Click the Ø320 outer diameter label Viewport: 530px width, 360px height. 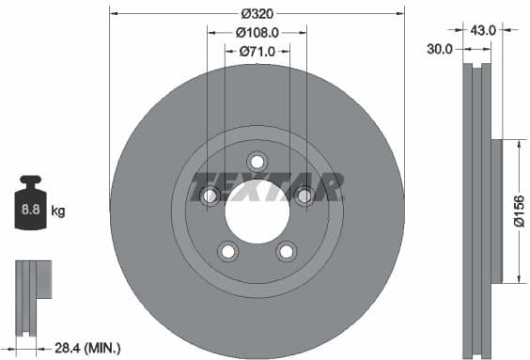point(257,14)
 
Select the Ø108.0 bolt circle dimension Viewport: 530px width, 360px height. point(257,33)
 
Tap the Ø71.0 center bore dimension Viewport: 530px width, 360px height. point(257,51)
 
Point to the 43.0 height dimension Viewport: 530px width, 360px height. point(483,30)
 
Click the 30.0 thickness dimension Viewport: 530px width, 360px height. point(440,48)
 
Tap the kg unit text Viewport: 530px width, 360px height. point(57,211)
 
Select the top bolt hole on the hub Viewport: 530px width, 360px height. point(257,161)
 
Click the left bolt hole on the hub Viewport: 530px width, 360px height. point(210,195)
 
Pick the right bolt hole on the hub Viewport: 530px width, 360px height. point(304,195)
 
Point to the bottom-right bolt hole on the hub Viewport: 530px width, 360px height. point(286,250)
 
